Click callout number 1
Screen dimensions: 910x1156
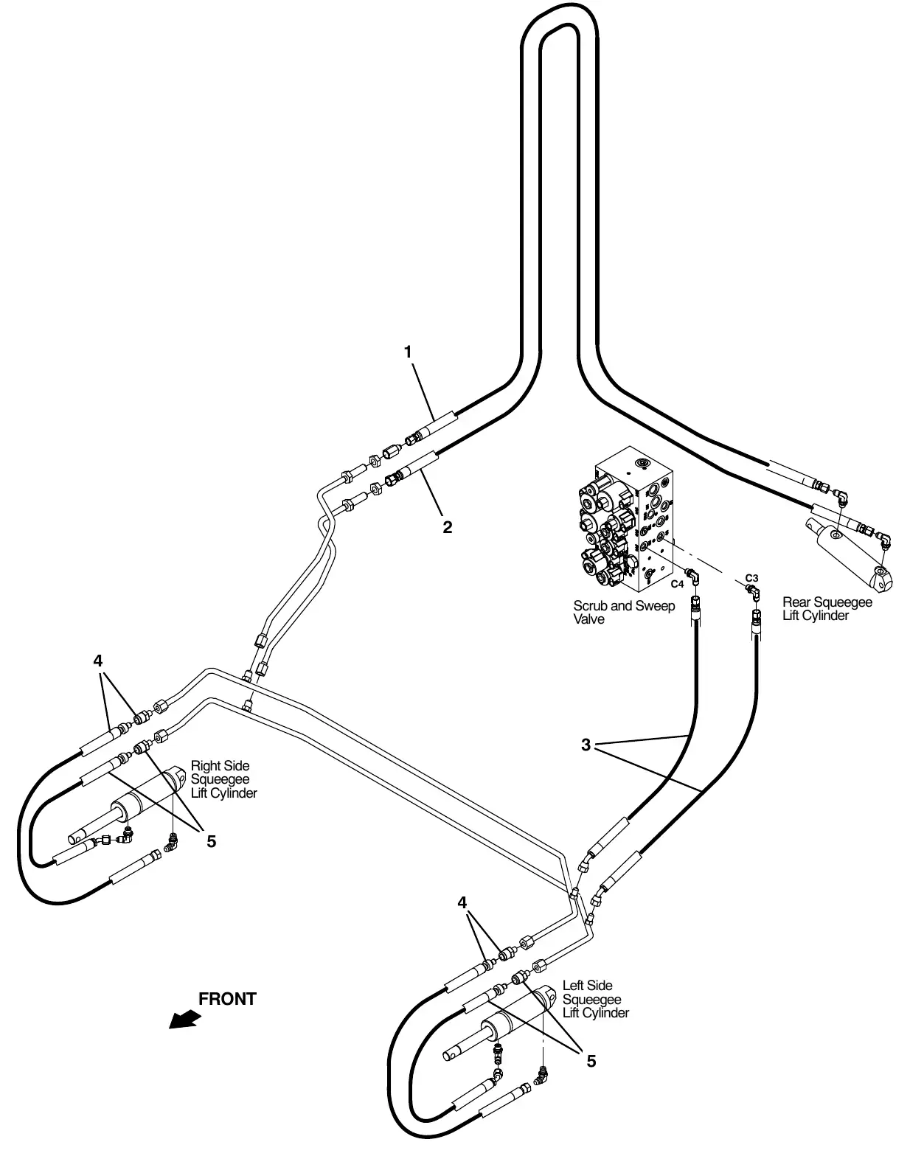click(x=408, y=352)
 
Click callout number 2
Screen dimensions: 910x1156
click(x=447, y=527)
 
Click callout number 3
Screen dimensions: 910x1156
click(x=586, y=745)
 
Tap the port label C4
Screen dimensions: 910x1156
click(x=677, y=584)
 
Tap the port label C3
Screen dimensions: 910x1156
click(x=751, y=578)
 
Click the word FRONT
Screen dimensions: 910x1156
click(x=227, y=999)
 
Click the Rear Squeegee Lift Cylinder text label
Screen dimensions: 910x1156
click(x=827, y=609)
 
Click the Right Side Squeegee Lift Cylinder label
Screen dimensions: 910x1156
click(x=224, y=779)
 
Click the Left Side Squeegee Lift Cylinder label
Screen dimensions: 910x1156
click(x=596, y=999)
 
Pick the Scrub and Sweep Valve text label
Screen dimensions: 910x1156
click(x=624, y=613)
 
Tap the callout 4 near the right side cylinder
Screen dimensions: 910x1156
click(x=97, y=661)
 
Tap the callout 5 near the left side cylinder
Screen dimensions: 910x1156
click(x=591, y=1061)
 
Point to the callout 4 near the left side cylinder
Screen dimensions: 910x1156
click(x=462, y=903)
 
